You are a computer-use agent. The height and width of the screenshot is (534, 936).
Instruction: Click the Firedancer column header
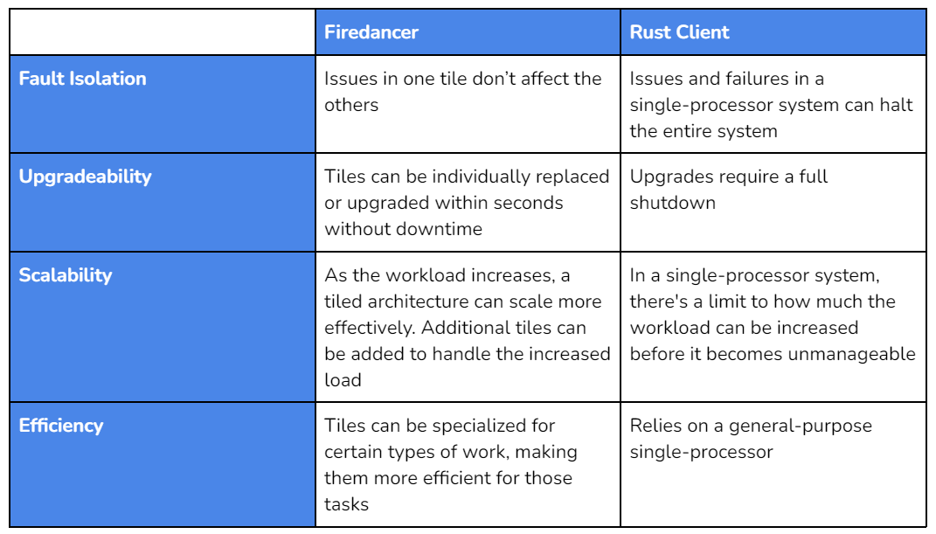371,32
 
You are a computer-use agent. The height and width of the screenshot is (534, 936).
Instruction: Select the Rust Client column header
679,32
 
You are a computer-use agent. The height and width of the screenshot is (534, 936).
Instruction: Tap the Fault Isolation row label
82,79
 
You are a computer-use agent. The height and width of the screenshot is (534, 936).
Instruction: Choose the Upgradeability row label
85,177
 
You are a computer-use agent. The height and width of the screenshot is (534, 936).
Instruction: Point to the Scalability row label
65,275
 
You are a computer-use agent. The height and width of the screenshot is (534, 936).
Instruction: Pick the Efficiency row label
61,426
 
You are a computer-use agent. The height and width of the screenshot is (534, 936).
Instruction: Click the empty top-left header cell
163,32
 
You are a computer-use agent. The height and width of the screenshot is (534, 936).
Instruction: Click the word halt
896,105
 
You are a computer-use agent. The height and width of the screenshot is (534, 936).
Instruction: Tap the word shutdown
672,203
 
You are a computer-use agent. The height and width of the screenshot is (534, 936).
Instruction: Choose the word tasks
346,505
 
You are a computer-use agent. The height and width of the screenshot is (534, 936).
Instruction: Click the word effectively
370,328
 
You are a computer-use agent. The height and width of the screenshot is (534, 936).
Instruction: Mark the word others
351,105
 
